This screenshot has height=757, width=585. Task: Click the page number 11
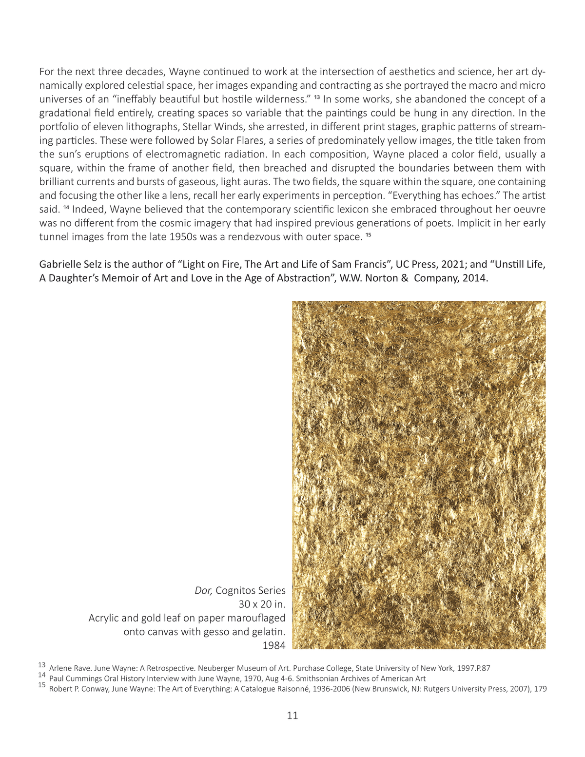pos(292,716)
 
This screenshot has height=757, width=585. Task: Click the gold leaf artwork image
pos(418,475)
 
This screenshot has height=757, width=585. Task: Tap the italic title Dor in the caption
pos(203,591)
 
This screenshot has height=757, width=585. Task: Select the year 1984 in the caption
pos(273,645)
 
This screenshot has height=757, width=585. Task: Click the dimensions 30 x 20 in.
pos(262,604)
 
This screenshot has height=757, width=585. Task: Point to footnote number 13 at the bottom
pos(42,665)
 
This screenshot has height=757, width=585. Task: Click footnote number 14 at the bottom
pos(42,675)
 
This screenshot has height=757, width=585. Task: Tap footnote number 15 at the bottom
pos(42,685)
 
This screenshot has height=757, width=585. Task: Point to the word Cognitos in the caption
pos(236,591)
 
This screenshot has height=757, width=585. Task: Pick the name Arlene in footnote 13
pos(60,668)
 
